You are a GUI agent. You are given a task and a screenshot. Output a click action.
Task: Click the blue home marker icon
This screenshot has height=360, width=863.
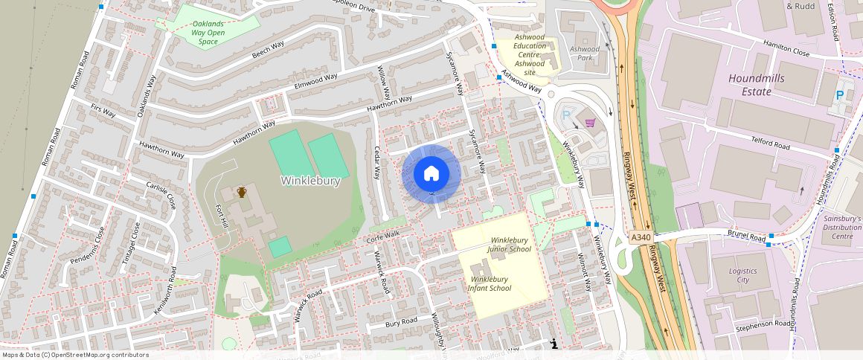pyautogui.click(x=431, y=174)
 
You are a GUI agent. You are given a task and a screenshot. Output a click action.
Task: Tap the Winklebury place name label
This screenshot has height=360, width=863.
pyautogui.click(x=310, y=181)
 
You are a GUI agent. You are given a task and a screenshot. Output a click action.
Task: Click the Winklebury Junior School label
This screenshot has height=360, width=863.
pyautogui.click(x=510, y=245)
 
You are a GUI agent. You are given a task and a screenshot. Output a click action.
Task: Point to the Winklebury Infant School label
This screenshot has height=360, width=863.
pyautogui.click(x=489, y=283)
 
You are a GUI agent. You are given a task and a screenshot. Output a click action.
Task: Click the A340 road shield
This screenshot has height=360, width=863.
pyautogui.click(x=641, y=237)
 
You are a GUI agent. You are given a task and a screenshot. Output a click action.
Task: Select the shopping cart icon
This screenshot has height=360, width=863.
pyautogui.click(x=590, y=123)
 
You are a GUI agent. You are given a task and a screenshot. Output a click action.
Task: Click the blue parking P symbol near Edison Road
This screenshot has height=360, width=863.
pyautogui.click(x=839, y=95)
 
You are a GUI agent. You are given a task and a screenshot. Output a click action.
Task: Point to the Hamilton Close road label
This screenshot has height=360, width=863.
pyautogui.click(x=786, y=52)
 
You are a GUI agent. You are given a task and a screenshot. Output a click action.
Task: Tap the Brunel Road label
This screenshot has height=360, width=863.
pyautogui.click(x=747, y=237)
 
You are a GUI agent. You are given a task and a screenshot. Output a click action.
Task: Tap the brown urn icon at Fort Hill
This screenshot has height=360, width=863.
pyautogui.click(x=242, y=193)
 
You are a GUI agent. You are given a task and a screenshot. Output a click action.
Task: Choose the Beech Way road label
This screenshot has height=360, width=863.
pyautogui.click(x=268, y=50)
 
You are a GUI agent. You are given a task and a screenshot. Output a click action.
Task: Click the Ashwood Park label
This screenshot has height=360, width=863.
pyautogui.click(x=584, y=53)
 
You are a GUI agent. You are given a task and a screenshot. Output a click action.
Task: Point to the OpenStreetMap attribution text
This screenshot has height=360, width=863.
pyautogui.click(x=74, y=355)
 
